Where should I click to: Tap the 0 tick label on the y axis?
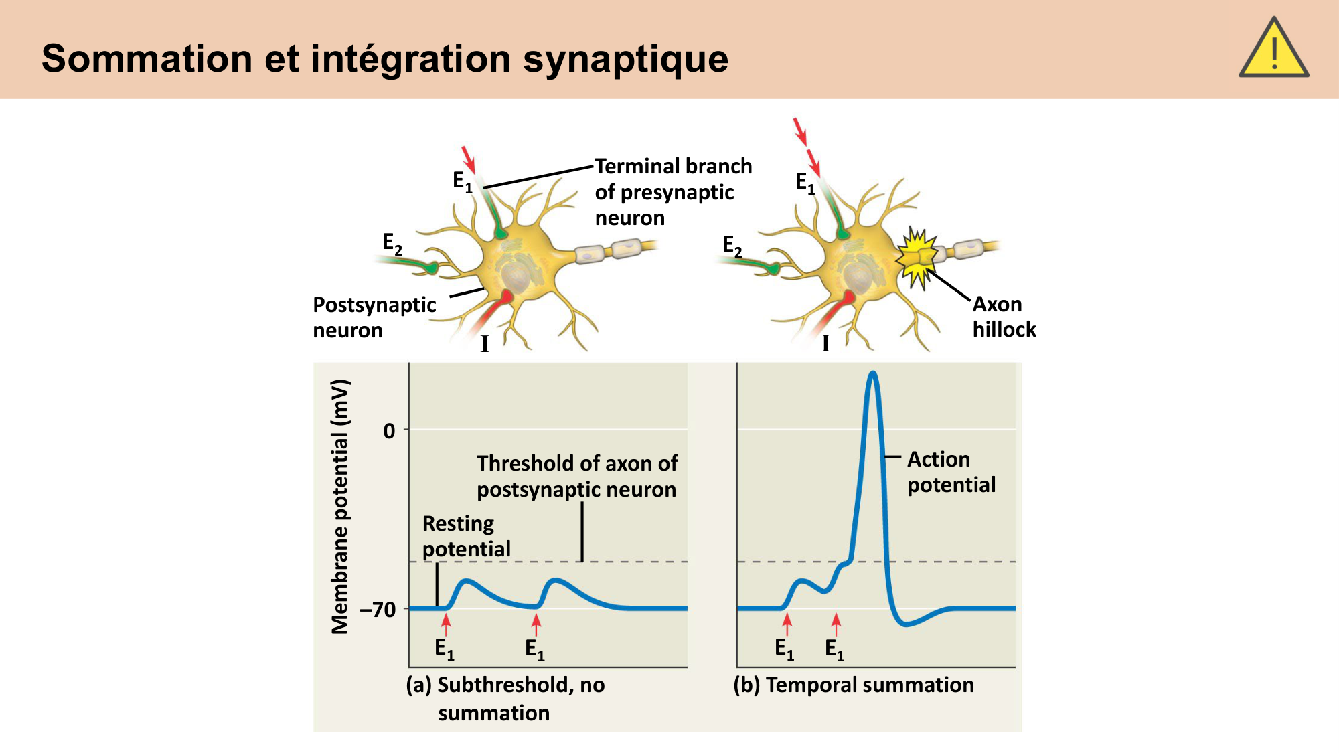coord(389,431)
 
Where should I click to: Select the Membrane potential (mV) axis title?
coord(340,506)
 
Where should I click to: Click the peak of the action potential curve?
coord(872,373)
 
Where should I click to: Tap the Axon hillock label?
coord(1004,317)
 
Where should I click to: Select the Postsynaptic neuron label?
coord(374,317)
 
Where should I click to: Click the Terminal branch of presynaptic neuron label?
coord(673,192)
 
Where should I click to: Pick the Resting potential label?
coord(466,536)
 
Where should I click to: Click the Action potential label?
coord(951,472)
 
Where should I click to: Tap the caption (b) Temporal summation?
coord(854,685)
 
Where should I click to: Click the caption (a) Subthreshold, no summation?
coord(505,698)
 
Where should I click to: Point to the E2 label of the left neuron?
coord(392,244)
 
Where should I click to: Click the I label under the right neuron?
coord(825,343)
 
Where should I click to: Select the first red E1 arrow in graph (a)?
coord(446,624)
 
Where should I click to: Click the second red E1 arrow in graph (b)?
coord(836,623)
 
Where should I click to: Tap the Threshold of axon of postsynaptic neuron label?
coord(576,476)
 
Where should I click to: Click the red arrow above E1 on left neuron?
coord(468,159)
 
